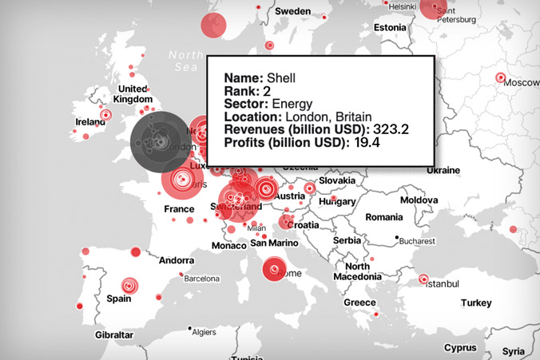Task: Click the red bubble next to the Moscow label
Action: (501, 78)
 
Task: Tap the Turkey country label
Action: (475, 303)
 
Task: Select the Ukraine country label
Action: (443, 170)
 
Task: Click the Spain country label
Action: (118, 299)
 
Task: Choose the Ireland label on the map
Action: (90, 122)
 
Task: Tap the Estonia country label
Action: (390, 27)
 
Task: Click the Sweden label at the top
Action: (292, 12)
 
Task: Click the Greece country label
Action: (359, 303)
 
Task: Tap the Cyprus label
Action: (460, 348)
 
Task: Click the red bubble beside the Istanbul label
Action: (423, 279)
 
